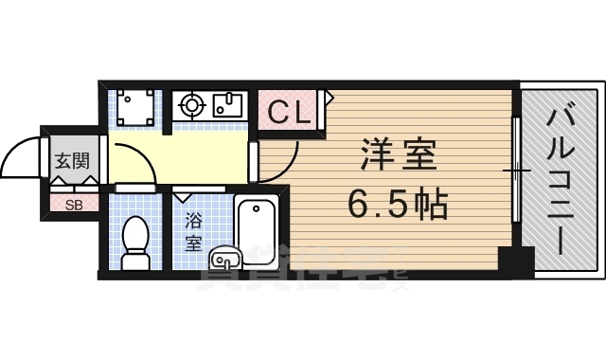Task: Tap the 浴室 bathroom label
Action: [x=193, y=232]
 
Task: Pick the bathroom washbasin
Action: [x=224, y=256]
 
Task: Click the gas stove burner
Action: [x=189, y=105]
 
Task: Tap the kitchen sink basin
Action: [x=228, y=103]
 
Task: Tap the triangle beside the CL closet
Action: [x=329, y=96]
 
